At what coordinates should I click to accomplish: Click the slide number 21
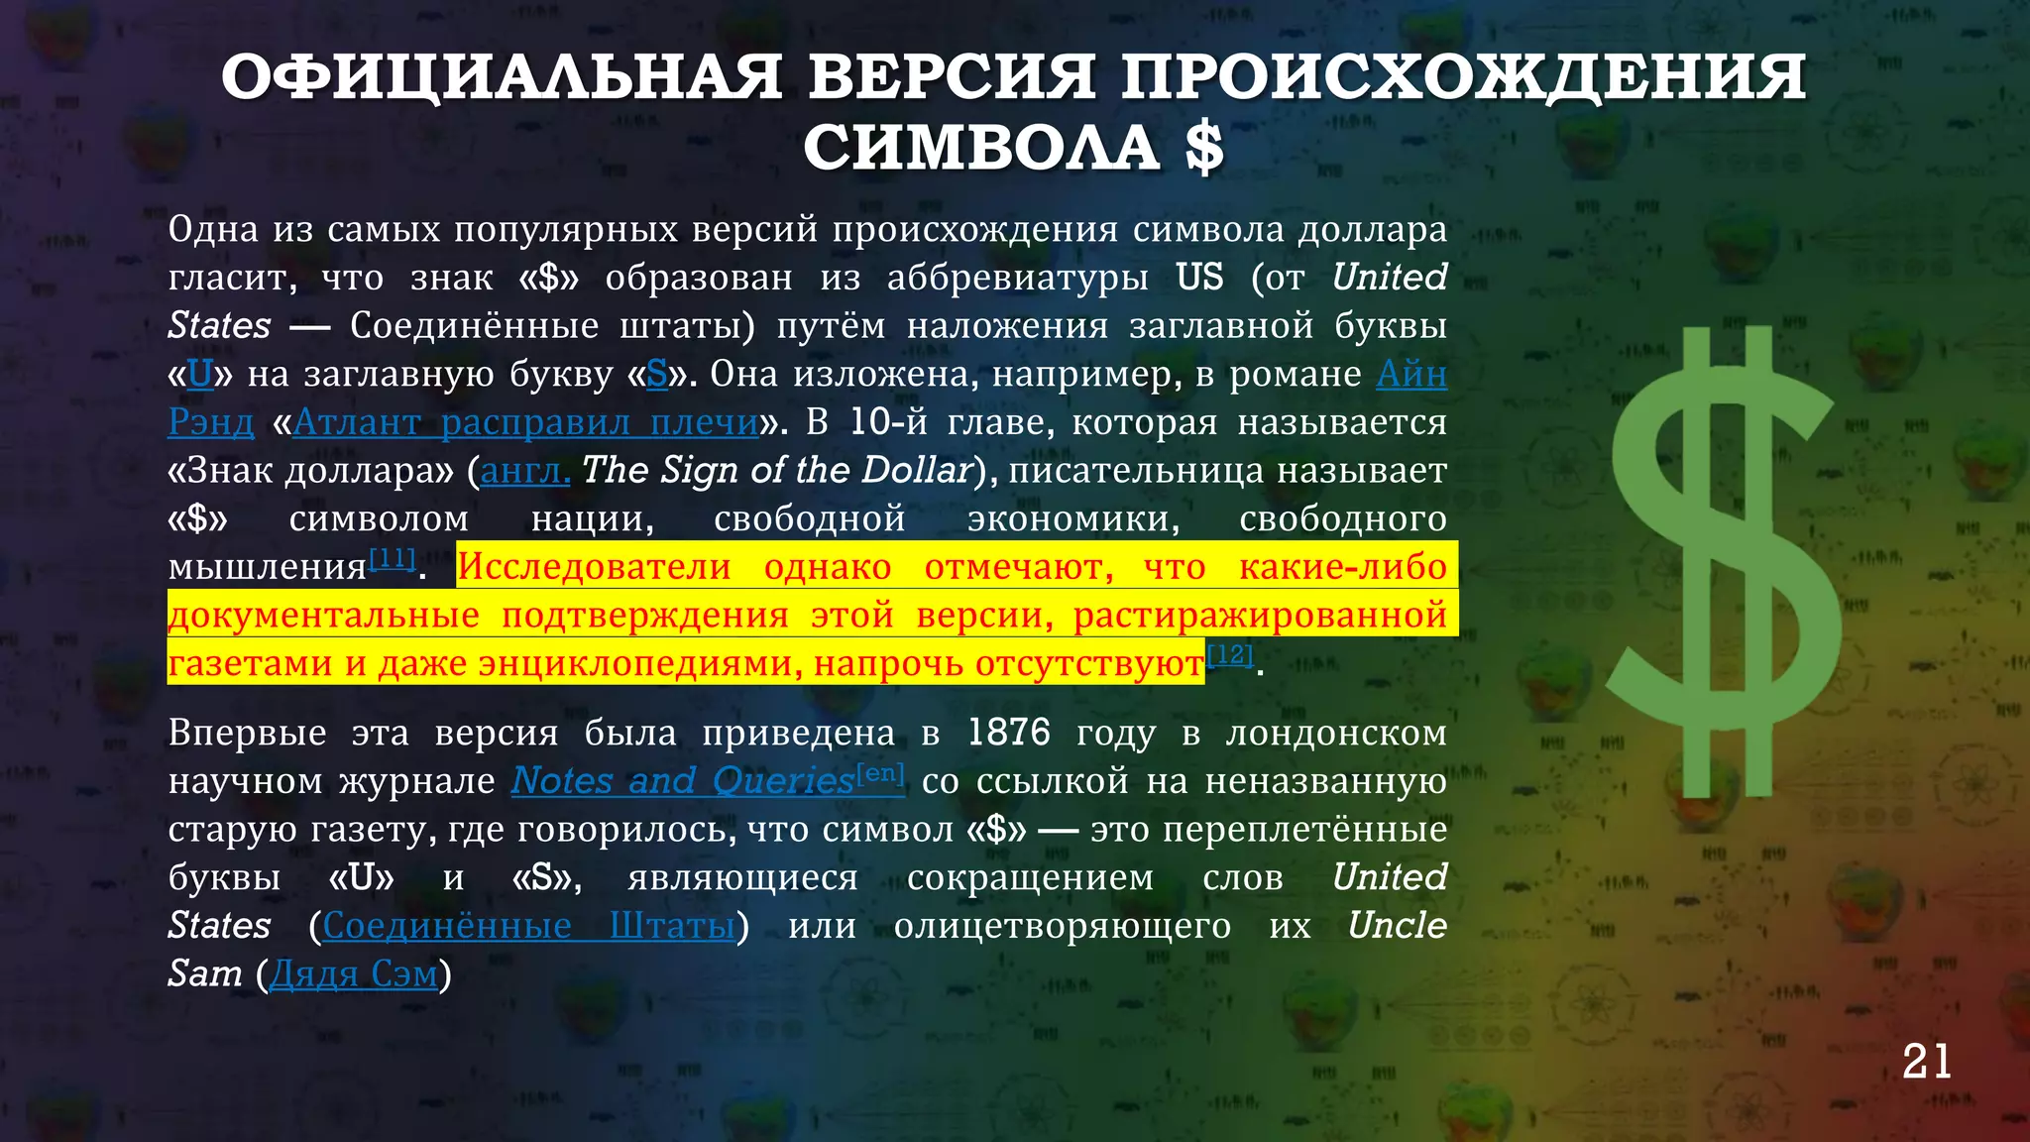[x=1926, y=1063]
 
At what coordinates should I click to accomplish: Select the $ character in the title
[x=1203, y=149]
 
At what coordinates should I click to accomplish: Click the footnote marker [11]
[x=393, y=559]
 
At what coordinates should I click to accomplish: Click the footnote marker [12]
[x=1230, y=654]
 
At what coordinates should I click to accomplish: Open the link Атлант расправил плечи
[x=525, y=422]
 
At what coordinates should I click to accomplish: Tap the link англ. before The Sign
[x=524, y=471]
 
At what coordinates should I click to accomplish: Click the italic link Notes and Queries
[x=682, y=781]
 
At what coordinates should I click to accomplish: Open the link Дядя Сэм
[x=354, y=973]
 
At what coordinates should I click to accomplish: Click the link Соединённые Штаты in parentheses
[x=529, y=926]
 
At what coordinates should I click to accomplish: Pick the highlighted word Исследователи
[x=594, y=567]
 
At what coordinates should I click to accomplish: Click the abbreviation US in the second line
[x=1199, y=278]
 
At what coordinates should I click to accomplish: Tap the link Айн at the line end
[x=1411, y=374]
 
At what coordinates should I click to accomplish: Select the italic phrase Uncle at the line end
[x=1397, y=926]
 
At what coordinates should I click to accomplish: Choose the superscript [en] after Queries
[x=880, y=772]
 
